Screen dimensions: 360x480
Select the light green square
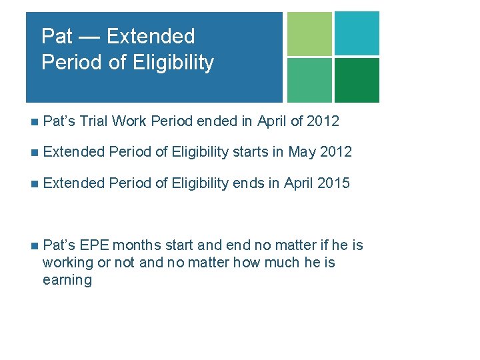309,33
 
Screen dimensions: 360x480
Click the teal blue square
357,33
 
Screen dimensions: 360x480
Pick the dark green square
357,80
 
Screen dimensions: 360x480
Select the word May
302,152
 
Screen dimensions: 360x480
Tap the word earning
67,280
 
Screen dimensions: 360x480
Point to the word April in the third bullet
299,183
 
